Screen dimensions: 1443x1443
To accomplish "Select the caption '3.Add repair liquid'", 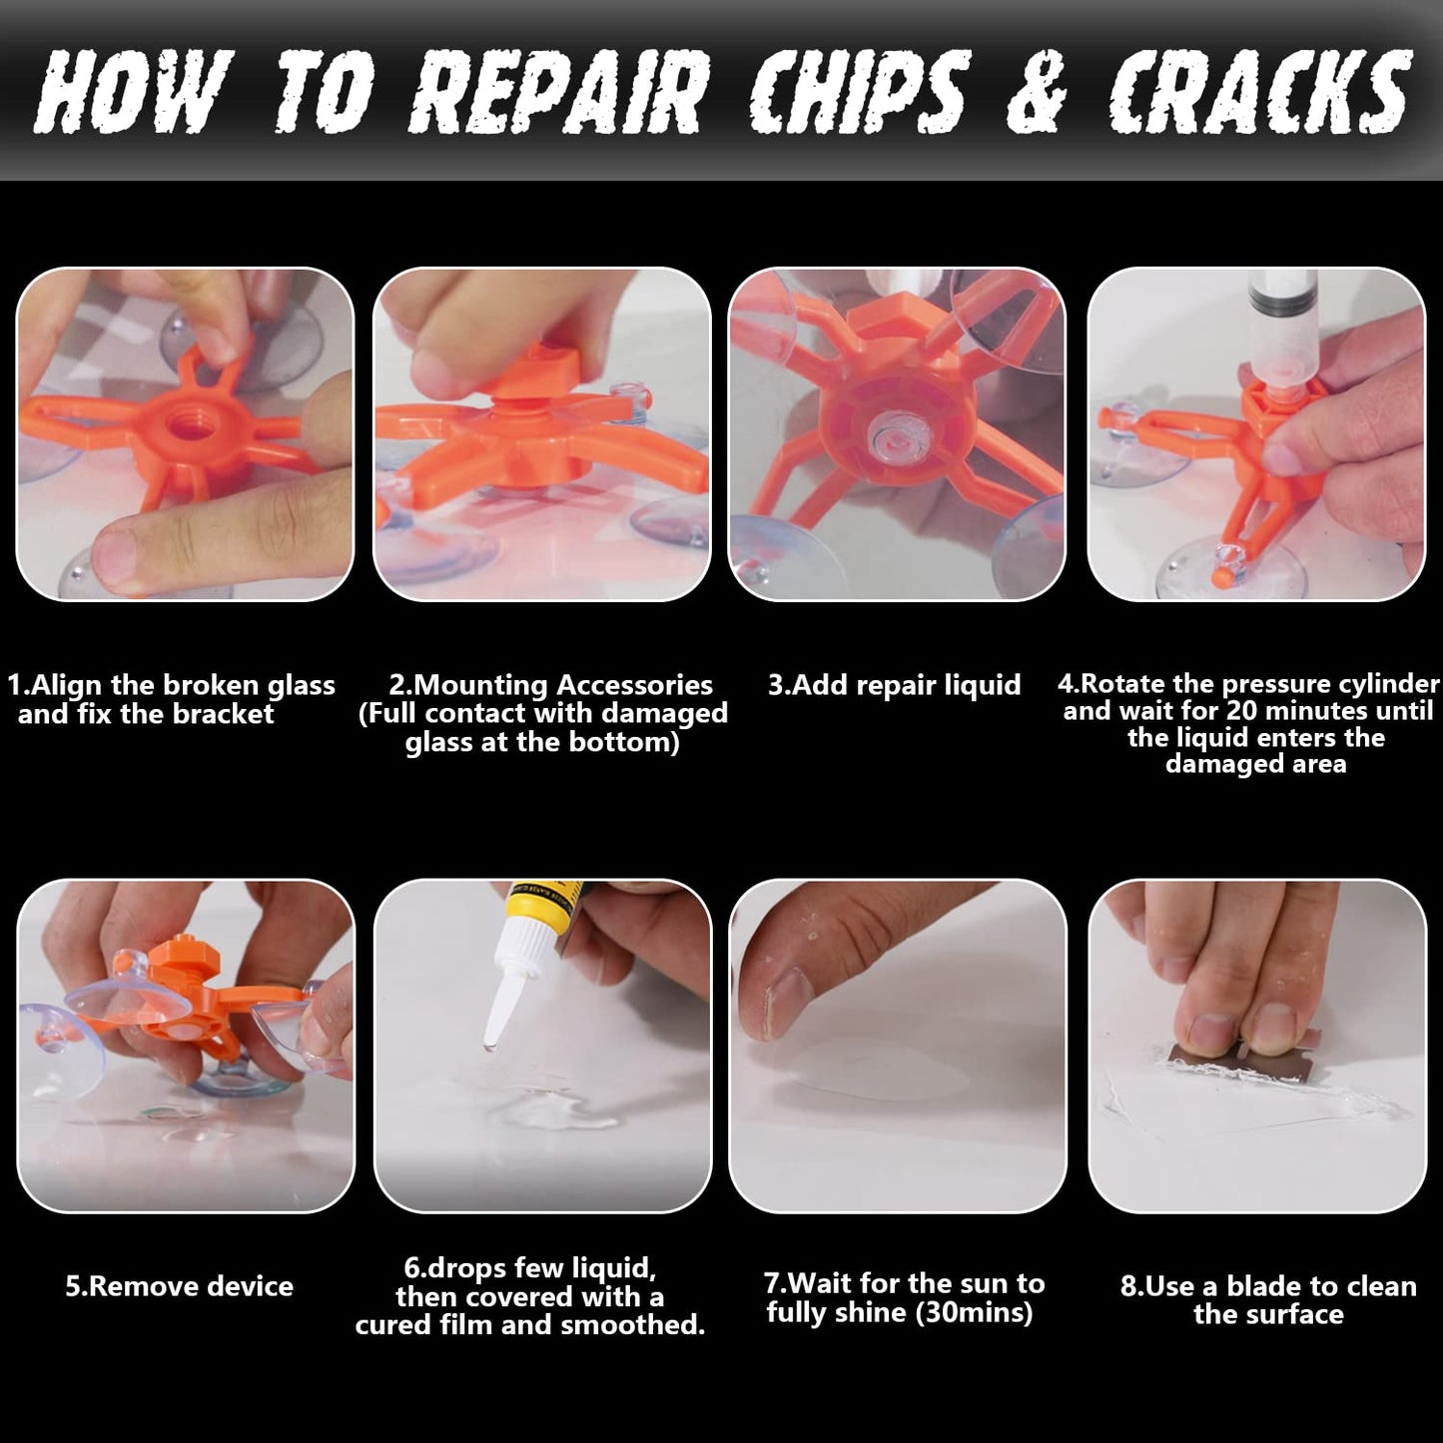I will (x=894, y=685).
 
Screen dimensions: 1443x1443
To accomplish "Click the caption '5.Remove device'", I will (x=180, y=1286).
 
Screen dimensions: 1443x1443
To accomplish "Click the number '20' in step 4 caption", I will (x=1242, y=711).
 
